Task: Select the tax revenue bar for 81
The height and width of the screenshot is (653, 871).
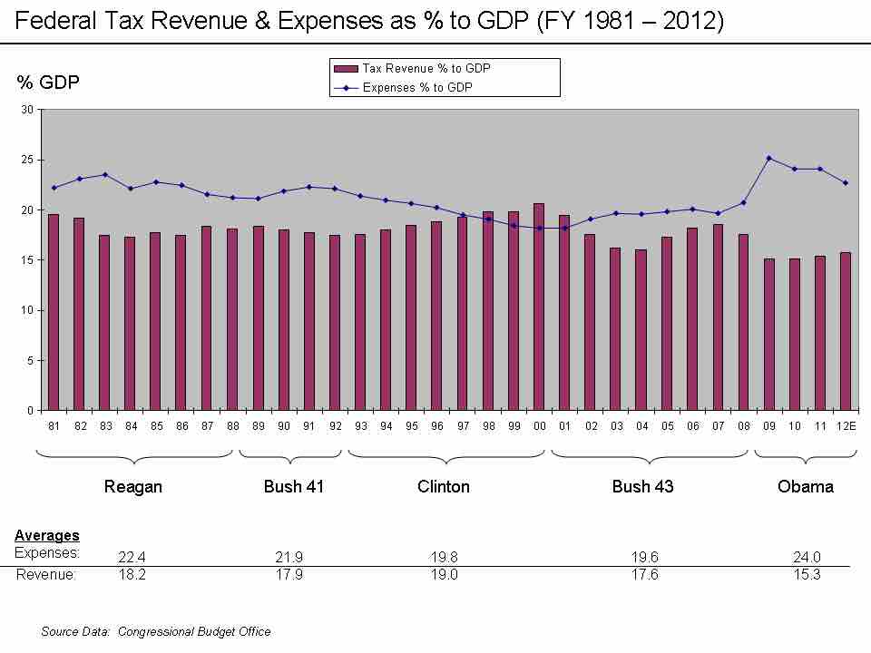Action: click(x=54, y=312)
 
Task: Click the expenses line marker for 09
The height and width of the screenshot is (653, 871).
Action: click(x=768, y=158)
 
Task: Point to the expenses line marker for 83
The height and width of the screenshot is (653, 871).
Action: click(x=105, y=175)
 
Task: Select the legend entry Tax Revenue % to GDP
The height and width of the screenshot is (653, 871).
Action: click(x=426, y=68)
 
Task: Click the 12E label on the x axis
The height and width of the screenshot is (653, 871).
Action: click(x=846, y=425)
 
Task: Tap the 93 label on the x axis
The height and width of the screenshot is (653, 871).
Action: click(x=360, y=425)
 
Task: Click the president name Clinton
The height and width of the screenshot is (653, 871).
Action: click(x=444, y=487)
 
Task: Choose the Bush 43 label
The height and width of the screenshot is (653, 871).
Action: click(x=642, y=487)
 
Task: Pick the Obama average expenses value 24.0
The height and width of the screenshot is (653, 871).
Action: click(x=807, y=558)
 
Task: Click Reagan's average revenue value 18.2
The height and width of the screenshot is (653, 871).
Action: click(x=132, y=575)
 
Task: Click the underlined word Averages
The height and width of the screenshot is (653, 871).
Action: click(x=47, y=536)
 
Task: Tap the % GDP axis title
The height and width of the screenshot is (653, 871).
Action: click(x=48, y=83)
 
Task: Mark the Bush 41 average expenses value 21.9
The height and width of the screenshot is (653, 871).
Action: click(x=289, y=558)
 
